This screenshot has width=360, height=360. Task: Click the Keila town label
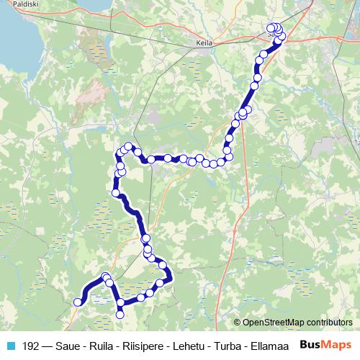click(202, 43)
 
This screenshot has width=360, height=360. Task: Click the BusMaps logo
click(325, 345)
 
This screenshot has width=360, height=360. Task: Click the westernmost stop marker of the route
click(78, 302)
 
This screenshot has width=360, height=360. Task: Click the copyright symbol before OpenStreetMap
click(238, 323)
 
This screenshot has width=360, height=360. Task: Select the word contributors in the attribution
click(328, 323)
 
